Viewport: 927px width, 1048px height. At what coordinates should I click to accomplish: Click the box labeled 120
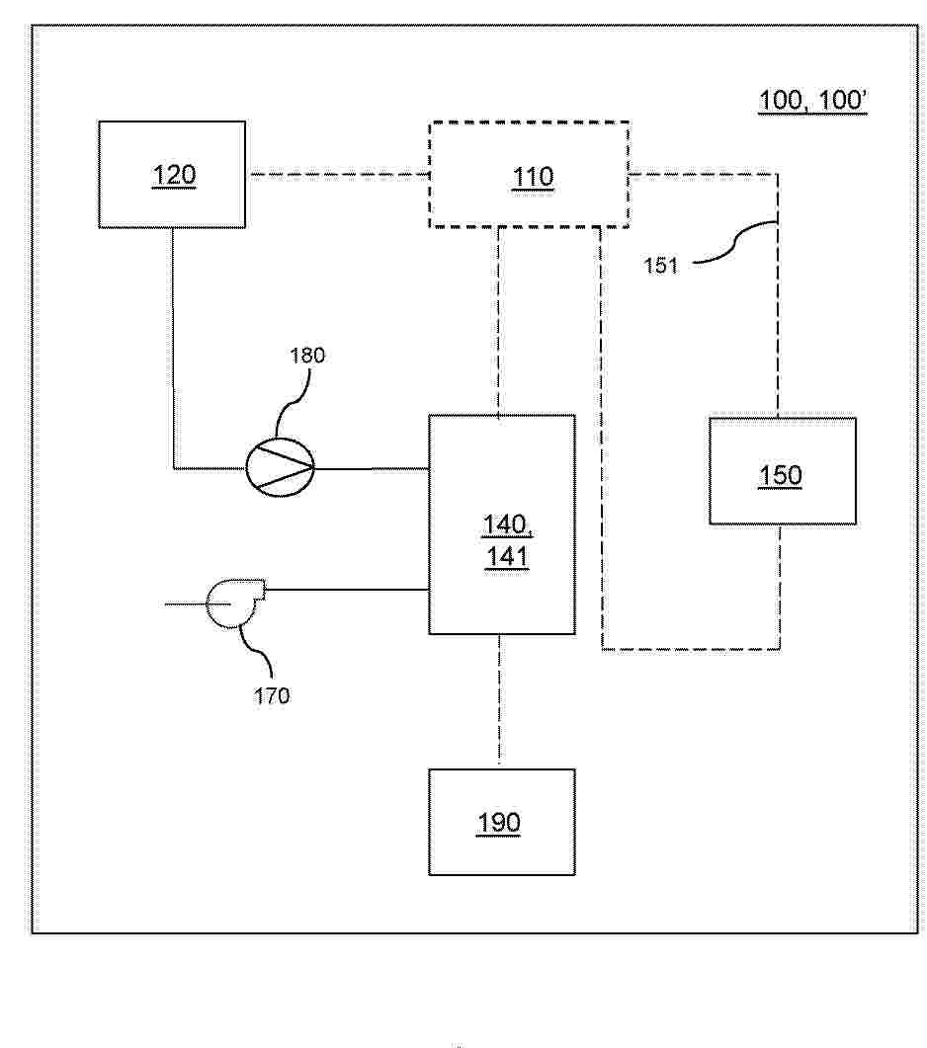[x=172, y=175]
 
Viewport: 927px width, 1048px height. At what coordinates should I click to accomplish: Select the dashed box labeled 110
[x=529, y=176]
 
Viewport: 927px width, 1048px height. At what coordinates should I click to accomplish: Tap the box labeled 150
[x=782, y=471]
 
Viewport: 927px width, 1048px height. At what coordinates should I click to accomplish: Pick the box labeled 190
[x=501, y=822]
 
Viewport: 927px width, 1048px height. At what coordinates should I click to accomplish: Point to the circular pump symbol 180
[x=280, y=465]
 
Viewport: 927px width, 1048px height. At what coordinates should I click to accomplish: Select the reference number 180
[x=306, y=355]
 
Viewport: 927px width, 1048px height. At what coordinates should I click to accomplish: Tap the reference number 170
[x=271, y=696]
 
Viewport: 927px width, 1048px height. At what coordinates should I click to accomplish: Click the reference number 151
[x=661, y=265]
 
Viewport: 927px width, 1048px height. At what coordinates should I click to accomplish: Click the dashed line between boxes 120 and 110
[x=336, y=175]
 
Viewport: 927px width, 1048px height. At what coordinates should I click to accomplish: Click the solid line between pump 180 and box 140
[x=371, y=467]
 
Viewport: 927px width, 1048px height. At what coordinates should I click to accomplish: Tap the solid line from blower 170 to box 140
[x=346, y=591]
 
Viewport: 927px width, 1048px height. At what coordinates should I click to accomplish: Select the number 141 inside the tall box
[x=506, y=557]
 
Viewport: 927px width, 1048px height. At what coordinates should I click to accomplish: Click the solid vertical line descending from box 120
[x=174, y=346]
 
